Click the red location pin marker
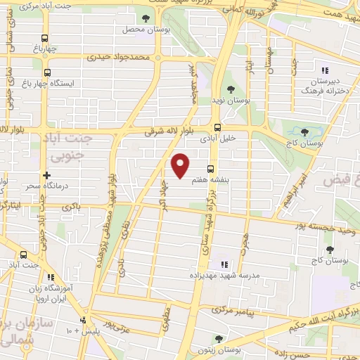(181, 165)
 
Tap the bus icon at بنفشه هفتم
(210, 167)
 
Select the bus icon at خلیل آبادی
(217, 128)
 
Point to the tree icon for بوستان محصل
(146, 19)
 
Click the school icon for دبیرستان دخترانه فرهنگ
(324, 70)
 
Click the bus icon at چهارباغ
(46, 39)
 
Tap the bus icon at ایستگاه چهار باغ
(47, 72)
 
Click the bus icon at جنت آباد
(24, 255)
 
